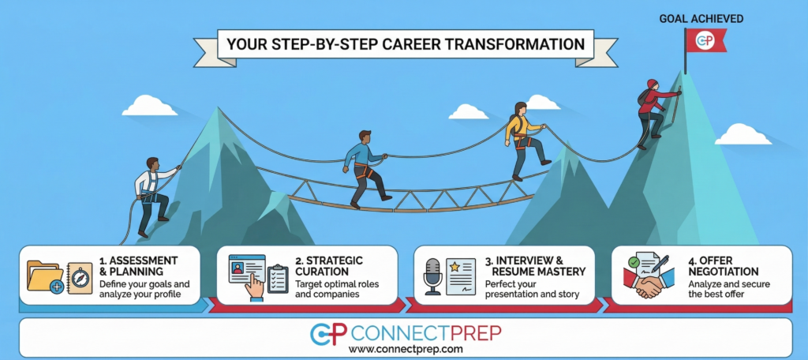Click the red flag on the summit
704,39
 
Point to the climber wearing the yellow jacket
522,139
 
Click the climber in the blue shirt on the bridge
364,165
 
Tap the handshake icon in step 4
649,284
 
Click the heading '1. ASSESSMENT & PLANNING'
139,266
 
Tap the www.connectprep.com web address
405,348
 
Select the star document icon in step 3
462,274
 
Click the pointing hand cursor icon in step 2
253,287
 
